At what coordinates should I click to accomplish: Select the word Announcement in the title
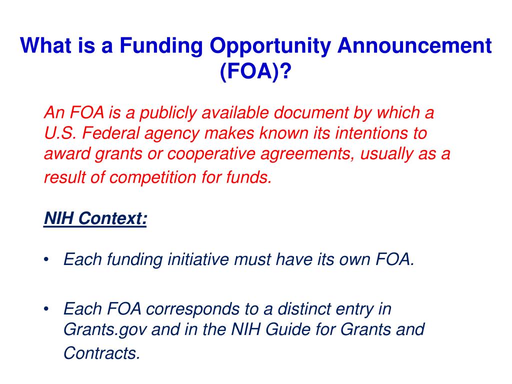click(414, 47)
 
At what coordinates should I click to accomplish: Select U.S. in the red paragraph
click(59, 133)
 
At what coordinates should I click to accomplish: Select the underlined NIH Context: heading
click(95, 218)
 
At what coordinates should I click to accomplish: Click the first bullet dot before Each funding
click(46, 259)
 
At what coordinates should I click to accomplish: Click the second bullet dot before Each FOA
click(46, 309)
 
